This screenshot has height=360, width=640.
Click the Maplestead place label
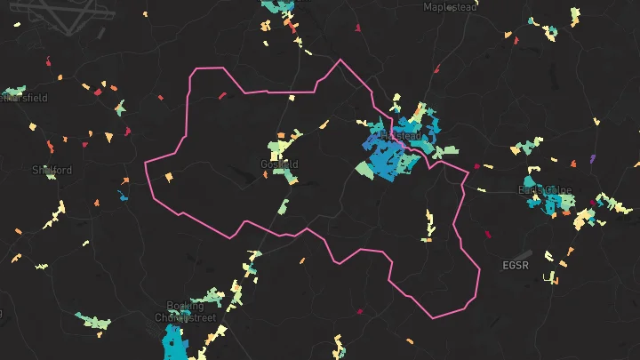click(x=450, y=7)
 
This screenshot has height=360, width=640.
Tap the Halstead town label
click(x=398, y=135)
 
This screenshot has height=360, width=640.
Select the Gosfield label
click(x=279, y=164)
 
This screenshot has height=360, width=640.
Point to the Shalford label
click(x=52, y=170)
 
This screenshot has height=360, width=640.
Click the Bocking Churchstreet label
click(x=185, y=312)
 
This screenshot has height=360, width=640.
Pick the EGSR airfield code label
click(x=516, y=265)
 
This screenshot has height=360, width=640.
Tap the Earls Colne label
click(x=545, y=190)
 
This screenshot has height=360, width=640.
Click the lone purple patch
click(x=592, y=159)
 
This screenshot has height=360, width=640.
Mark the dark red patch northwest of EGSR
click(x=487, y=235)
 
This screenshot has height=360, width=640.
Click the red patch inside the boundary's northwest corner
click(x=222, y=94)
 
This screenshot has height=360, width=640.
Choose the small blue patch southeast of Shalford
click(x=122, y=195)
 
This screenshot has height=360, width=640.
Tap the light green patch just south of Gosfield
click(x=284, y=207)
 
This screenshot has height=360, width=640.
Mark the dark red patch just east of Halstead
click(x=476, y=166)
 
